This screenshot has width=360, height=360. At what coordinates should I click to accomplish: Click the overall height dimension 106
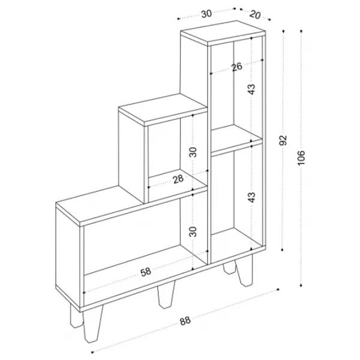[x=301, y=157]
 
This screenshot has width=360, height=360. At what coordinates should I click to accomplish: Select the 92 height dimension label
[x=283, y=140]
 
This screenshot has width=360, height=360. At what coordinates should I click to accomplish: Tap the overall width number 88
[x=185, y=320]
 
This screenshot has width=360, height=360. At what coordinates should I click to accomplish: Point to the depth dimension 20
[x=255, y=14]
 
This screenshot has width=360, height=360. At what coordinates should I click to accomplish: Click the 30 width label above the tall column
[x=206, y=14]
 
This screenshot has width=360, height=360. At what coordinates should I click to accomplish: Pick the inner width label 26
[x=237, y=67]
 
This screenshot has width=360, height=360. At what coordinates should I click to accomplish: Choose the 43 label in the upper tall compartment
[x=251, y=89]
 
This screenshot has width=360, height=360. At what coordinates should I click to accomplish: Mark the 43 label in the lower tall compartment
[x=251, y=197]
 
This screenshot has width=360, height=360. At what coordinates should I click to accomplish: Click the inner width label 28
[x=178, y=179]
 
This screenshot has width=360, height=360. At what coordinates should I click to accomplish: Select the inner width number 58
[x=146, y=272]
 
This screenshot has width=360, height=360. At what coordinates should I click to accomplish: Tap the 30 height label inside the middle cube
[x=193, y=152]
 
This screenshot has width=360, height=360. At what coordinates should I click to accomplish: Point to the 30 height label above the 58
[x=193, y=232]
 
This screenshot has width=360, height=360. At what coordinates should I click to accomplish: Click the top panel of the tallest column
[x=223, y=32]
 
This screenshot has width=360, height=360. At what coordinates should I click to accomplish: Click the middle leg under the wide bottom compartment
[x=166, y=295]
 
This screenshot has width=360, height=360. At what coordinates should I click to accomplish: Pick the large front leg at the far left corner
[x=93, y=324]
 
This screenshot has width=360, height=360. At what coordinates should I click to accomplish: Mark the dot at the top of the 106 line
[x=301, y=31]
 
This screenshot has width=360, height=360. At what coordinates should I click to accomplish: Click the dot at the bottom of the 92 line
[x=283, y=250]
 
